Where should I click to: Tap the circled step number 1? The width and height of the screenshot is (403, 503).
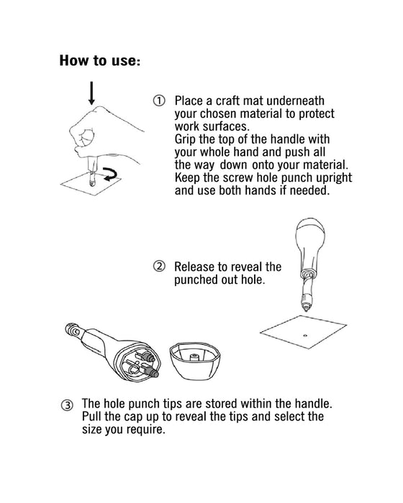point(159,101)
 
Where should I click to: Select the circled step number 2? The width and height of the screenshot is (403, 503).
point(159,267)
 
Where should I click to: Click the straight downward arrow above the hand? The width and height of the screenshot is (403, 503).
point(91,92)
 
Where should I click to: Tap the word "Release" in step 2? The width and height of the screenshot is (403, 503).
point(196,267)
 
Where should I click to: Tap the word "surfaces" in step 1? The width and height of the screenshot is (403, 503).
point(229,126)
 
